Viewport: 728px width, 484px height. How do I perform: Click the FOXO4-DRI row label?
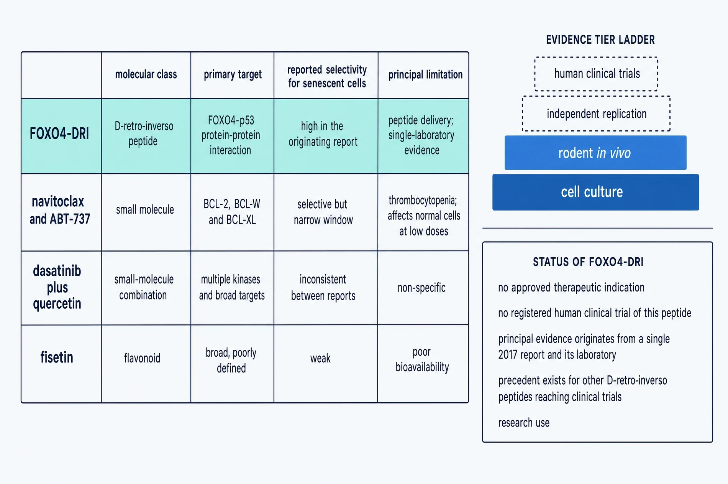59,134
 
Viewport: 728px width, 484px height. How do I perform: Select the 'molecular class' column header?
146,74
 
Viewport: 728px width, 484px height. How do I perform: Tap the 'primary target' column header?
233,74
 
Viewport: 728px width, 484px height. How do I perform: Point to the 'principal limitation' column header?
425,74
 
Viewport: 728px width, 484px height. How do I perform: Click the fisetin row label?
57,357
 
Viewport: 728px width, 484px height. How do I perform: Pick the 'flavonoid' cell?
142,358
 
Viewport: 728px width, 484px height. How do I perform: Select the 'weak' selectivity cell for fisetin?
320,358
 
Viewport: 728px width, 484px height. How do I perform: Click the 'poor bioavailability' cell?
422,359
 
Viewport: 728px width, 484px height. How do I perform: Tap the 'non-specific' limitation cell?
421,288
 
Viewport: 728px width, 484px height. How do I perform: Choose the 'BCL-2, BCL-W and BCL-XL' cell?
232,212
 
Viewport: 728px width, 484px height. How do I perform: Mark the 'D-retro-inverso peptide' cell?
144,133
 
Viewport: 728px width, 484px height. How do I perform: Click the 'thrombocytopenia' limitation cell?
424,216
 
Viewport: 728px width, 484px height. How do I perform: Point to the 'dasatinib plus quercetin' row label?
57,287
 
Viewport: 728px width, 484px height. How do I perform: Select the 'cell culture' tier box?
595,192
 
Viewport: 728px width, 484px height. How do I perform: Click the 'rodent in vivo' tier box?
595,153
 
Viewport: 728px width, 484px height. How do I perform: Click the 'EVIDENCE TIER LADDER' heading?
600,40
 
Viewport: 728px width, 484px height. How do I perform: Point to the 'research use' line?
524,423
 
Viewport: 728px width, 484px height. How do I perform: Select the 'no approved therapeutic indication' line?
571,287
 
